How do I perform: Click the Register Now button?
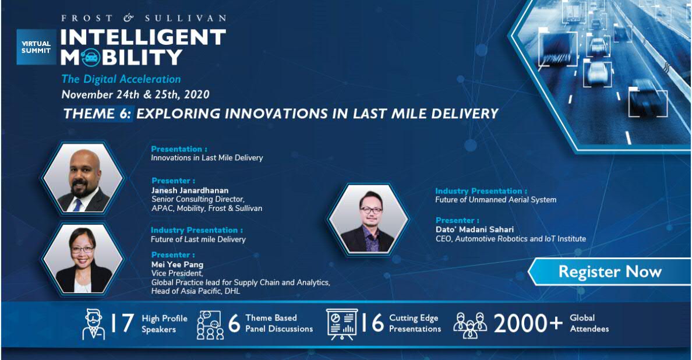(609, 271)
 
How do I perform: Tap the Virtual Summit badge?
(36, 47)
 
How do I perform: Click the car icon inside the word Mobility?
(90, 57)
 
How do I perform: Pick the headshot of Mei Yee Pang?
(83, 259)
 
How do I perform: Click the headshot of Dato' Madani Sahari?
(369, 219)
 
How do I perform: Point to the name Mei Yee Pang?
(178, 264)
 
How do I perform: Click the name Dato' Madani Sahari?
(474, 230)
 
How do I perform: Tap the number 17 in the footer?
(121, 323)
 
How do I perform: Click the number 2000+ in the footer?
(528, 323)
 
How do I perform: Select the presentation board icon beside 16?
(342, 324)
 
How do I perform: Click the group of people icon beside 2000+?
(470, 325)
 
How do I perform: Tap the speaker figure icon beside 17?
(94, 324)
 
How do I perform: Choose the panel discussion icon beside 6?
(210, 325)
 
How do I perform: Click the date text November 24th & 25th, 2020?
(136, 94)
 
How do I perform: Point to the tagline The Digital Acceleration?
(121, 79)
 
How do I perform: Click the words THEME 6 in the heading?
(97, 114)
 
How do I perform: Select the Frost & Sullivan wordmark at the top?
(144, 18)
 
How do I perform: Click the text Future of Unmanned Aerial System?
(496, 200)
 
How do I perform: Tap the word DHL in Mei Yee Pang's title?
(232, 291)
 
